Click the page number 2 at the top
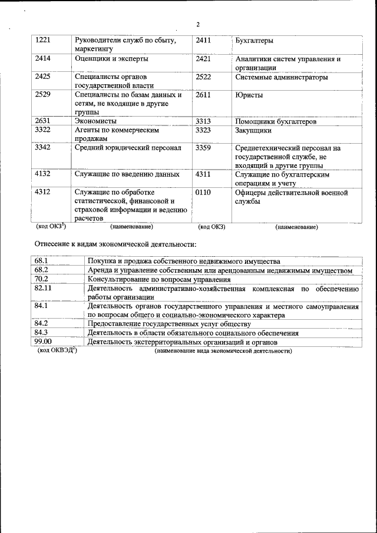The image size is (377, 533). [197, 25]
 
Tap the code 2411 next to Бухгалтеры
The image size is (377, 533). [203, 40]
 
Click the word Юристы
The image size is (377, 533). [249, 95]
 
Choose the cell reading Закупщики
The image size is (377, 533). [253, 130]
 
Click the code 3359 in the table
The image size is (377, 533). [203, 148]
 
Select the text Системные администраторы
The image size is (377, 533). [282, 77]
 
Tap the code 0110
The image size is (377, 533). [203, 193]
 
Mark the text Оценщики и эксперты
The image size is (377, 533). [111, 59]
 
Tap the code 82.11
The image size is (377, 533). [43, 289]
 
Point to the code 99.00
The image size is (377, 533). [43, 342]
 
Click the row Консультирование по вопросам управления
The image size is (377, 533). [159, 279]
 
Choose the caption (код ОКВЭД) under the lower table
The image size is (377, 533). [57, 350]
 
